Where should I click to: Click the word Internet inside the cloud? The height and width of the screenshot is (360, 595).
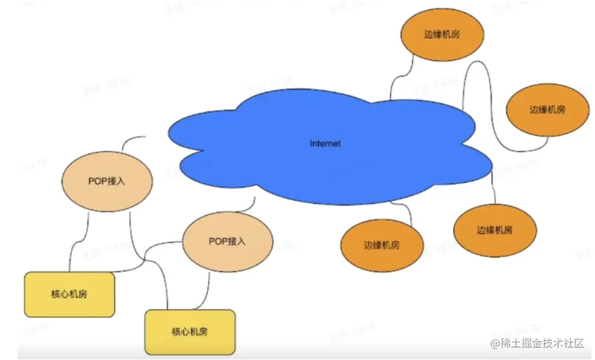(325, 143)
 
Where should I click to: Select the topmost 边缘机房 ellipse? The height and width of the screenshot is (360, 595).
(442, 34)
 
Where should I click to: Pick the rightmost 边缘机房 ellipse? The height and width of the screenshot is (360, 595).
(546, 109)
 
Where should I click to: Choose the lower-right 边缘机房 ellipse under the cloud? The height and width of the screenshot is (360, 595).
(495, 230)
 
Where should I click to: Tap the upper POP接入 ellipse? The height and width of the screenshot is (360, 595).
(106, 181)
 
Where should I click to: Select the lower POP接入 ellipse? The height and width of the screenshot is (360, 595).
(228, 241)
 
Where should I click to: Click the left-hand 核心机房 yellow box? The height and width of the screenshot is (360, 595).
(69, 294)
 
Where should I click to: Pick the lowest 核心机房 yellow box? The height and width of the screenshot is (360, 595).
(190, 332)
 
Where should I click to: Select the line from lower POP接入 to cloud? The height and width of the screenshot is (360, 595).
(248, 207)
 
